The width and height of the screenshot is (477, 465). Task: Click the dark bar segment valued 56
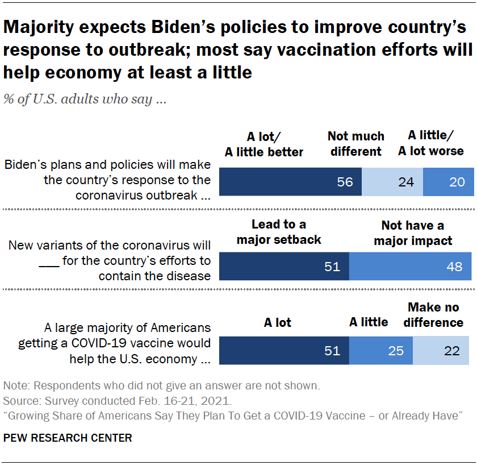290,182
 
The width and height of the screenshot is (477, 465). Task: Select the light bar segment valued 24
392,182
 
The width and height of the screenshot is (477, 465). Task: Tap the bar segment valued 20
449,182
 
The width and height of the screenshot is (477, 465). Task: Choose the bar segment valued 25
380,351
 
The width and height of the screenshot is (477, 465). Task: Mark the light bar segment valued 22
441,351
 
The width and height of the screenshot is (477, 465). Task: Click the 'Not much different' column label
356,144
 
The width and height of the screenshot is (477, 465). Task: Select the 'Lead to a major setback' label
279,232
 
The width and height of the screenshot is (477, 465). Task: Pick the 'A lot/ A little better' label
264,144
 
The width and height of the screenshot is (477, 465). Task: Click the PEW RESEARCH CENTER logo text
68,438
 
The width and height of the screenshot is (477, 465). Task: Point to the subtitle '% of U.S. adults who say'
85,99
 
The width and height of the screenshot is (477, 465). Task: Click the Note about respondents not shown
161,385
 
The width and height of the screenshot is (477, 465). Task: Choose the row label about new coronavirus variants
110,260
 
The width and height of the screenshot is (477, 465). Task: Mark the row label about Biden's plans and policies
108,180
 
